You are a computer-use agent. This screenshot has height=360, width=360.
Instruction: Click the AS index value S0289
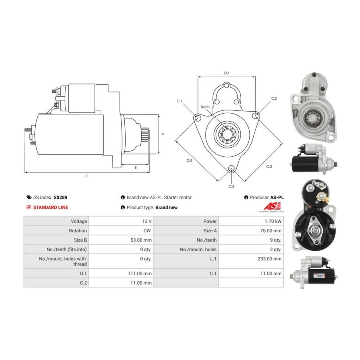tap(60, 198)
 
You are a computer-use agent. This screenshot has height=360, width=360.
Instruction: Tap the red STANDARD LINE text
tap(51, 208)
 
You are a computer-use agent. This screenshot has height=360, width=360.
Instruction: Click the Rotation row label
tap(78, 231)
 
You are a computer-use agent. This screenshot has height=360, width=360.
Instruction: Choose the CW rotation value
tap(147, 231)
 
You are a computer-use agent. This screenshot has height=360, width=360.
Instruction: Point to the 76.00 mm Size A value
tap(271, 231)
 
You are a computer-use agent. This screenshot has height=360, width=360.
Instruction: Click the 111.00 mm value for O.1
tap(140, 274)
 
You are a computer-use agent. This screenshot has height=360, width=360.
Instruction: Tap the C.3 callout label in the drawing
tap(232, 187)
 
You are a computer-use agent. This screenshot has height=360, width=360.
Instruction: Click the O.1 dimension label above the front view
tap(227, 73)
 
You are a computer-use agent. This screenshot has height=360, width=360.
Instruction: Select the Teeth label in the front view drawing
tap(205, 107)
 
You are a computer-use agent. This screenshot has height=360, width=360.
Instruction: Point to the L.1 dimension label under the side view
tap(86, 176)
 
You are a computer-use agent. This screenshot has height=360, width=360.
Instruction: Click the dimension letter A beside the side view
tap(163, 134)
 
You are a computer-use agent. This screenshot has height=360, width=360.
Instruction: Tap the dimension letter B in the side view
tap(136, 168)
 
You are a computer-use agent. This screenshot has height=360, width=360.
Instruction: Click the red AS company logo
tap(272, 206)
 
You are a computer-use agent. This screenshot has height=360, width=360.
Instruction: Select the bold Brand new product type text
tap(166, 208)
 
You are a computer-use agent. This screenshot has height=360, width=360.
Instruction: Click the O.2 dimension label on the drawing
tap(269, 166)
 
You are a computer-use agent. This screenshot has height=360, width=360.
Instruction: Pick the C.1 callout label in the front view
tap(179, 101)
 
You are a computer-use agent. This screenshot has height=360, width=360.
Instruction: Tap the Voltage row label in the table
tap(79, 221)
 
